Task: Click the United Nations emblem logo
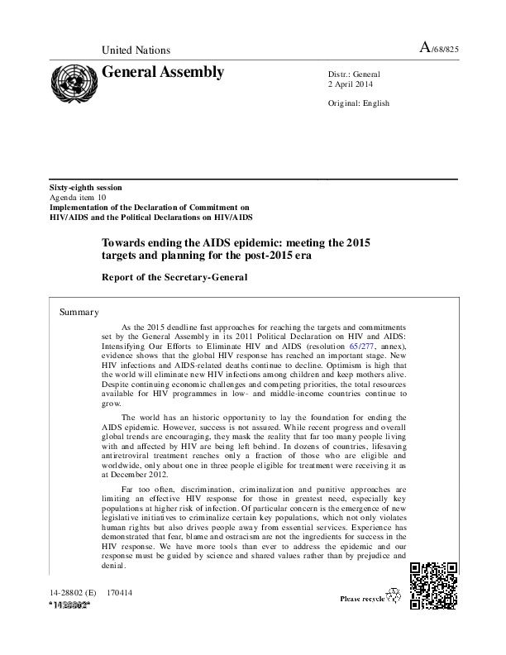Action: tap(74, 84)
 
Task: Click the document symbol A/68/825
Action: tap(440, 50)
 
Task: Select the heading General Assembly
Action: tap(162, 72)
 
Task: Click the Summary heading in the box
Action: tap(79, 312)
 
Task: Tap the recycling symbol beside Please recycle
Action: tap(394, 595)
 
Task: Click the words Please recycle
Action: tap(361, 598)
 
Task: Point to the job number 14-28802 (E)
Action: tap(73, 594)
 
